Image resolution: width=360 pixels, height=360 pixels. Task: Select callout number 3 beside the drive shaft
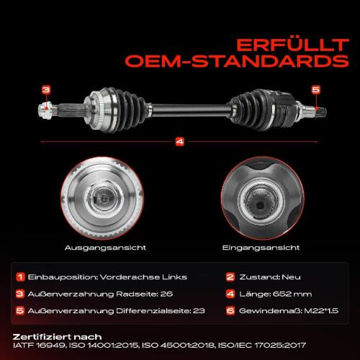point(45,90)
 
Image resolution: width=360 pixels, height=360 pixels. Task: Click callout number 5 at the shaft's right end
point(315,89)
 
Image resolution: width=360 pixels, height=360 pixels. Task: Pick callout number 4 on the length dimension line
point(179,141)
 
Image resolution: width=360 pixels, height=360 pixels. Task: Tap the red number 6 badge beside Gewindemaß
point(230,310)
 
